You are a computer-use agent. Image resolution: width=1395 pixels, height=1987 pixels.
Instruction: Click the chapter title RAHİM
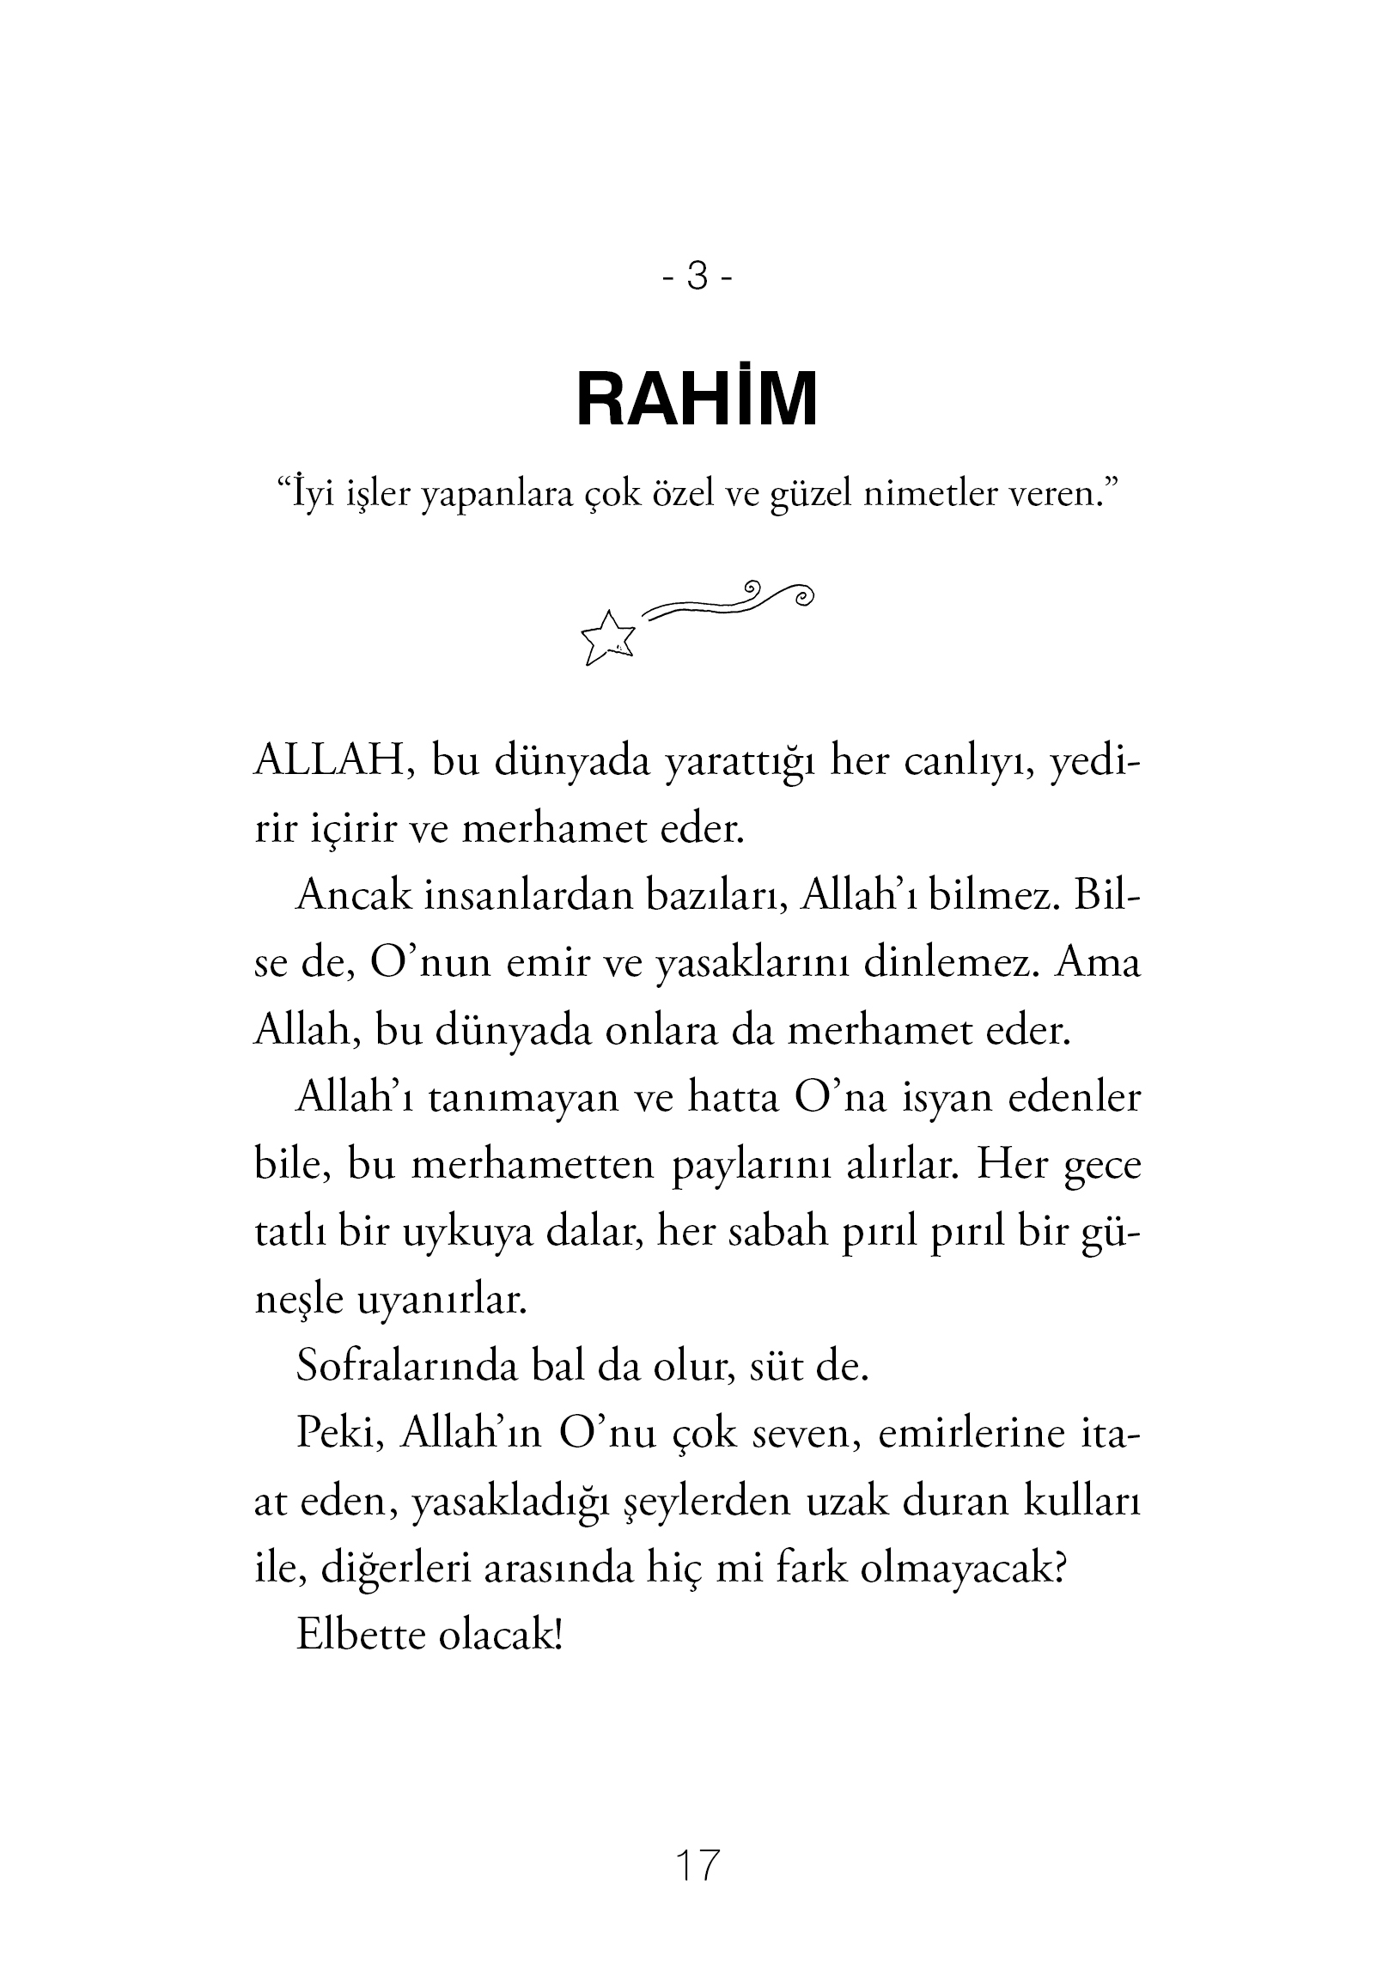coord(697,399)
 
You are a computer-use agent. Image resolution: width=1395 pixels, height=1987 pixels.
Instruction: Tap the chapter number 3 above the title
coord(697,276)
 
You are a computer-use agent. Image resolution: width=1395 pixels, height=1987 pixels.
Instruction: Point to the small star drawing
coord(608,638)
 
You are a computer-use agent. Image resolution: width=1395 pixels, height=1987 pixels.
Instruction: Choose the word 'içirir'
coord(350,830)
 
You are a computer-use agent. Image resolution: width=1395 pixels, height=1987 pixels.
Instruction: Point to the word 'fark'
coord(813,1568)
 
